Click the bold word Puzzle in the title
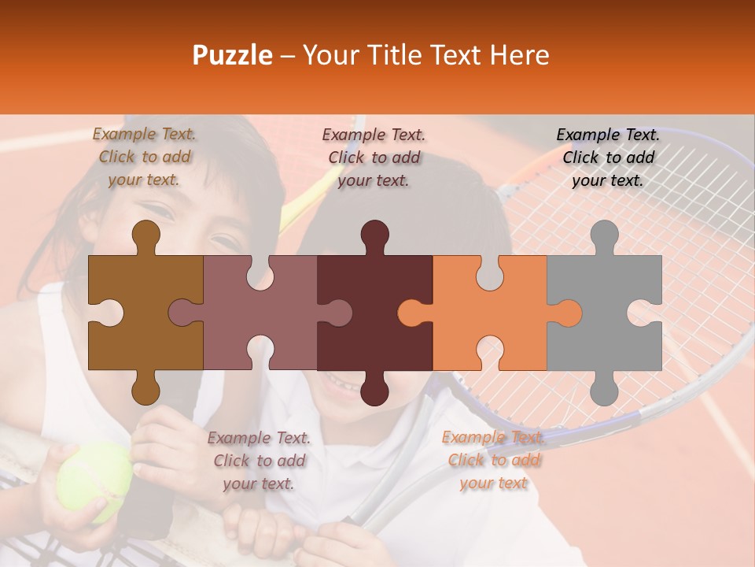pos(233,55)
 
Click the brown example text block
pos(144,157)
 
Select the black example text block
pos(608,157)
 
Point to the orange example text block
pos(493,460)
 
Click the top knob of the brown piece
pos(145,236)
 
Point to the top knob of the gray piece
pos(604,236)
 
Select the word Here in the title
pos(519,55)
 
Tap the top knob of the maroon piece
pos(374,236)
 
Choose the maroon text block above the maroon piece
pos(374,157)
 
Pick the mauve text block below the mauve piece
pos(259,460)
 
